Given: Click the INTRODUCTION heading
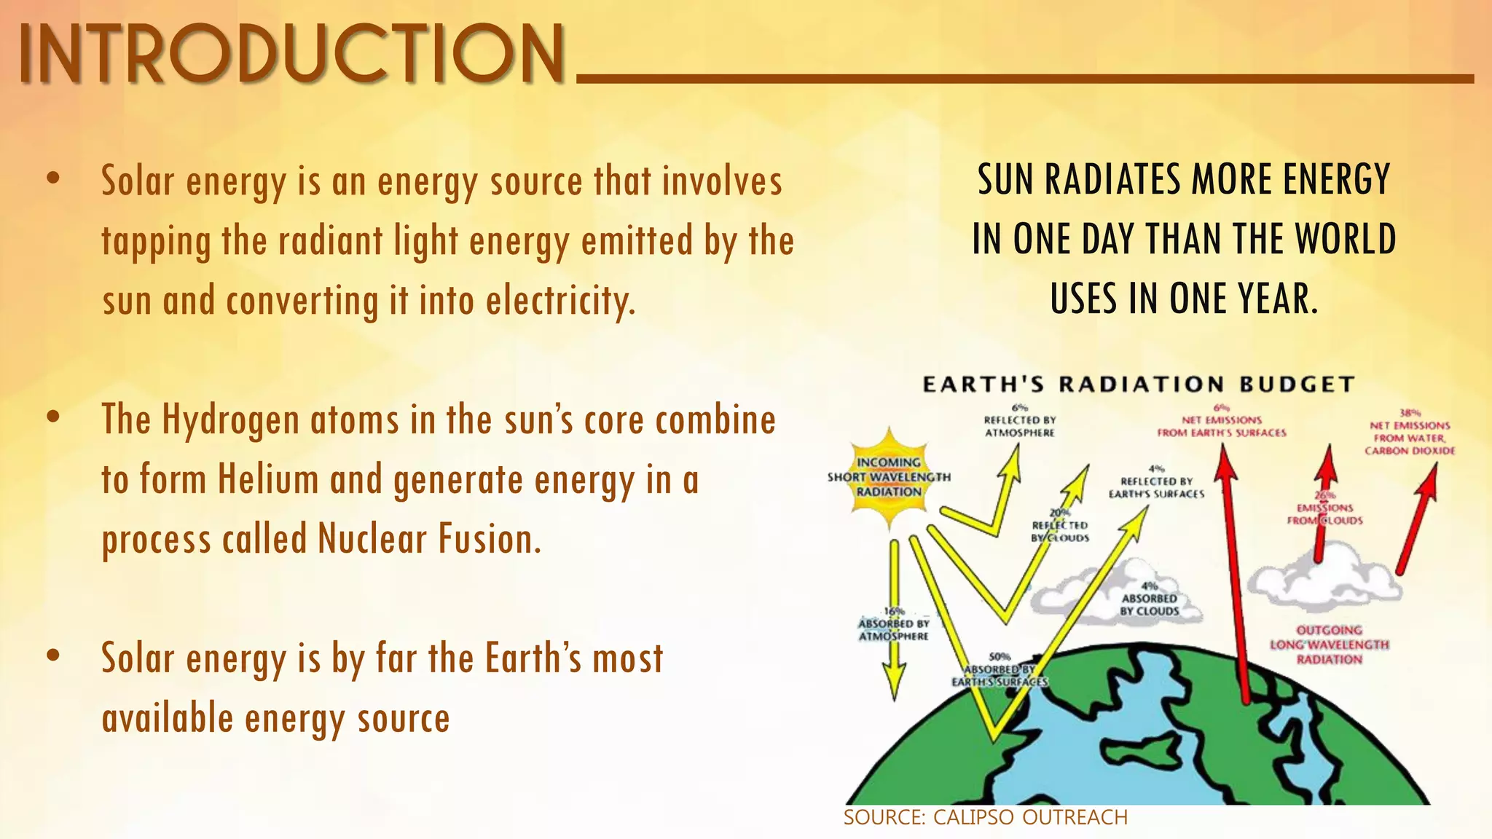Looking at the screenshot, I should click(x=291, y=55).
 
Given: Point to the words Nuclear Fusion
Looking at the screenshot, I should click(x=430, y=540).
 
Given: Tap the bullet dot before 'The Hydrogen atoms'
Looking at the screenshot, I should click(x=52, y=417).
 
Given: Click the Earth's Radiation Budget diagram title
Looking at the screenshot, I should click(x=1138, y=385).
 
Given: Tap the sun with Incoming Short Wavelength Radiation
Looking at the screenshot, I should click(x=889, y=478).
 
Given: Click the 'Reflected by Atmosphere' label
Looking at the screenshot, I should click(x=1019, y=425).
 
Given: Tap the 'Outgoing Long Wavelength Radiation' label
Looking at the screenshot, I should click(x=1329, y=645).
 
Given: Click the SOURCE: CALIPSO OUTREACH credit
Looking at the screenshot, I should click(x=985, y=817).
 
